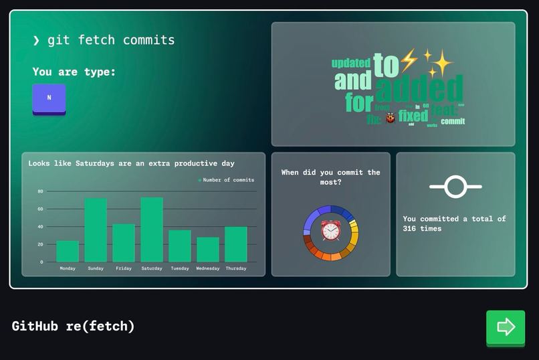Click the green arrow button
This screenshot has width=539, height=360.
tap(506, 327)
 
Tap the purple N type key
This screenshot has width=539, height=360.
tap(49, 98)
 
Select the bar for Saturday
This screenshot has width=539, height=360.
tap(152, 229)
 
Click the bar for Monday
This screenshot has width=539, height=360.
tap(68, 251)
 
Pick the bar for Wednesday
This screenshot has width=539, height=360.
tap(208, 249)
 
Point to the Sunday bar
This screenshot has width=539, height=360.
tap(96, 230)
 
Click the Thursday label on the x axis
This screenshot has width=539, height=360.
tap(235, 268)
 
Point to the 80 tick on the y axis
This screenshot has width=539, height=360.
tap(40, 191)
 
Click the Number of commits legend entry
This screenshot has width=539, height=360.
tap(226, 180)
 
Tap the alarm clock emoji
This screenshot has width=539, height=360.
tap(331, 230)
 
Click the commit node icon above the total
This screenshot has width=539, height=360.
tap(455, 187)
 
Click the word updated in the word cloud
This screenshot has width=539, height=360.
tap(351, 63)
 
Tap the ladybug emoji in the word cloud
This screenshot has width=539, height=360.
tap(391, 118)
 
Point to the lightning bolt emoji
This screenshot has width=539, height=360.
tap(408, 59)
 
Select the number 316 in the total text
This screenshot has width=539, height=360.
tap(412, 228)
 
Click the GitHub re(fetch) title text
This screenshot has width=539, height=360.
tap(74, 326)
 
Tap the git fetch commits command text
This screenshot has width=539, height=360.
tap(111, 40)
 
